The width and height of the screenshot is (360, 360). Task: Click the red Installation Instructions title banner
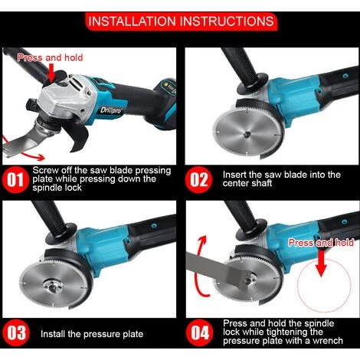coord(181,21)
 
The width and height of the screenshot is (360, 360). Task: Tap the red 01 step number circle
coord(15,179)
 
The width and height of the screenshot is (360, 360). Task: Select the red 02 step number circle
coord(198,179)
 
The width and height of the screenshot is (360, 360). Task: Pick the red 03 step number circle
coord(16,332)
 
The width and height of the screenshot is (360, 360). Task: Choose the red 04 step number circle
coord(200,332)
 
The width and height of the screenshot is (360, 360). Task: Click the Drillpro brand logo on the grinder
coord(111,110)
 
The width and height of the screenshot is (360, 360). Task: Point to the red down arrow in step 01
coord(51,73)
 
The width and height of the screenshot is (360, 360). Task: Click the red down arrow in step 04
coord(321,263)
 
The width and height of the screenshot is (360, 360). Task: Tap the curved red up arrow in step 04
coord(197,266)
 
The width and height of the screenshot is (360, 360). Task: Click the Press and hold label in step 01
coord(50,57)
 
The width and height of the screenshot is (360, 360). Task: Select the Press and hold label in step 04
coord(321,243)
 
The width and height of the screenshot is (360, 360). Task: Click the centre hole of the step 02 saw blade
coord(247,134)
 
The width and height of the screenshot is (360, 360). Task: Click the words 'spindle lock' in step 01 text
coord(57,188)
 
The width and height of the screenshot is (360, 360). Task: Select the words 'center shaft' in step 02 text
coord(247,183)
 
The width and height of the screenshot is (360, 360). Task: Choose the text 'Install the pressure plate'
coord(92,334)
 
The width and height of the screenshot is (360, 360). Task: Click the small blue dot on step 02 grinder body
coord(345,76)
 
